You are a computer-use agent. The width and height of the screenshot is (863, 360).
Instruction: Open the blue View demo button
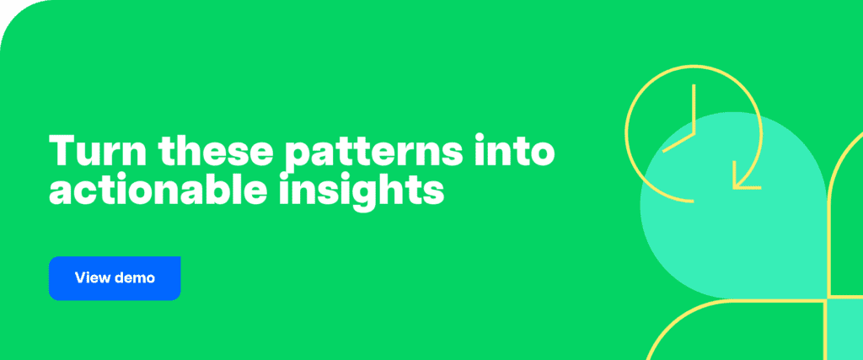click(115, 278)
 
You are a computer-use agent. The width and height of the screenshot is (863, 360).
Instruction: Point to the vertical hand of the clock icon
click(693, 110)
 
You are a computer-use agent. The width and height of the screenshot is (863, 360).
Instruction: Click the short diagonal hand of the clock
click(678, 142)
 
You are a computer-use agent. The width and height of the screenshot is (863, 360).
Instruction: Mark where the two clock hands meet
click(693, 134)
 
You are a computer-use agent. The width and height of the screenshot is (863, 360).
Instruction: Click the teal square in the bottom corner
click(844, 330)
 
